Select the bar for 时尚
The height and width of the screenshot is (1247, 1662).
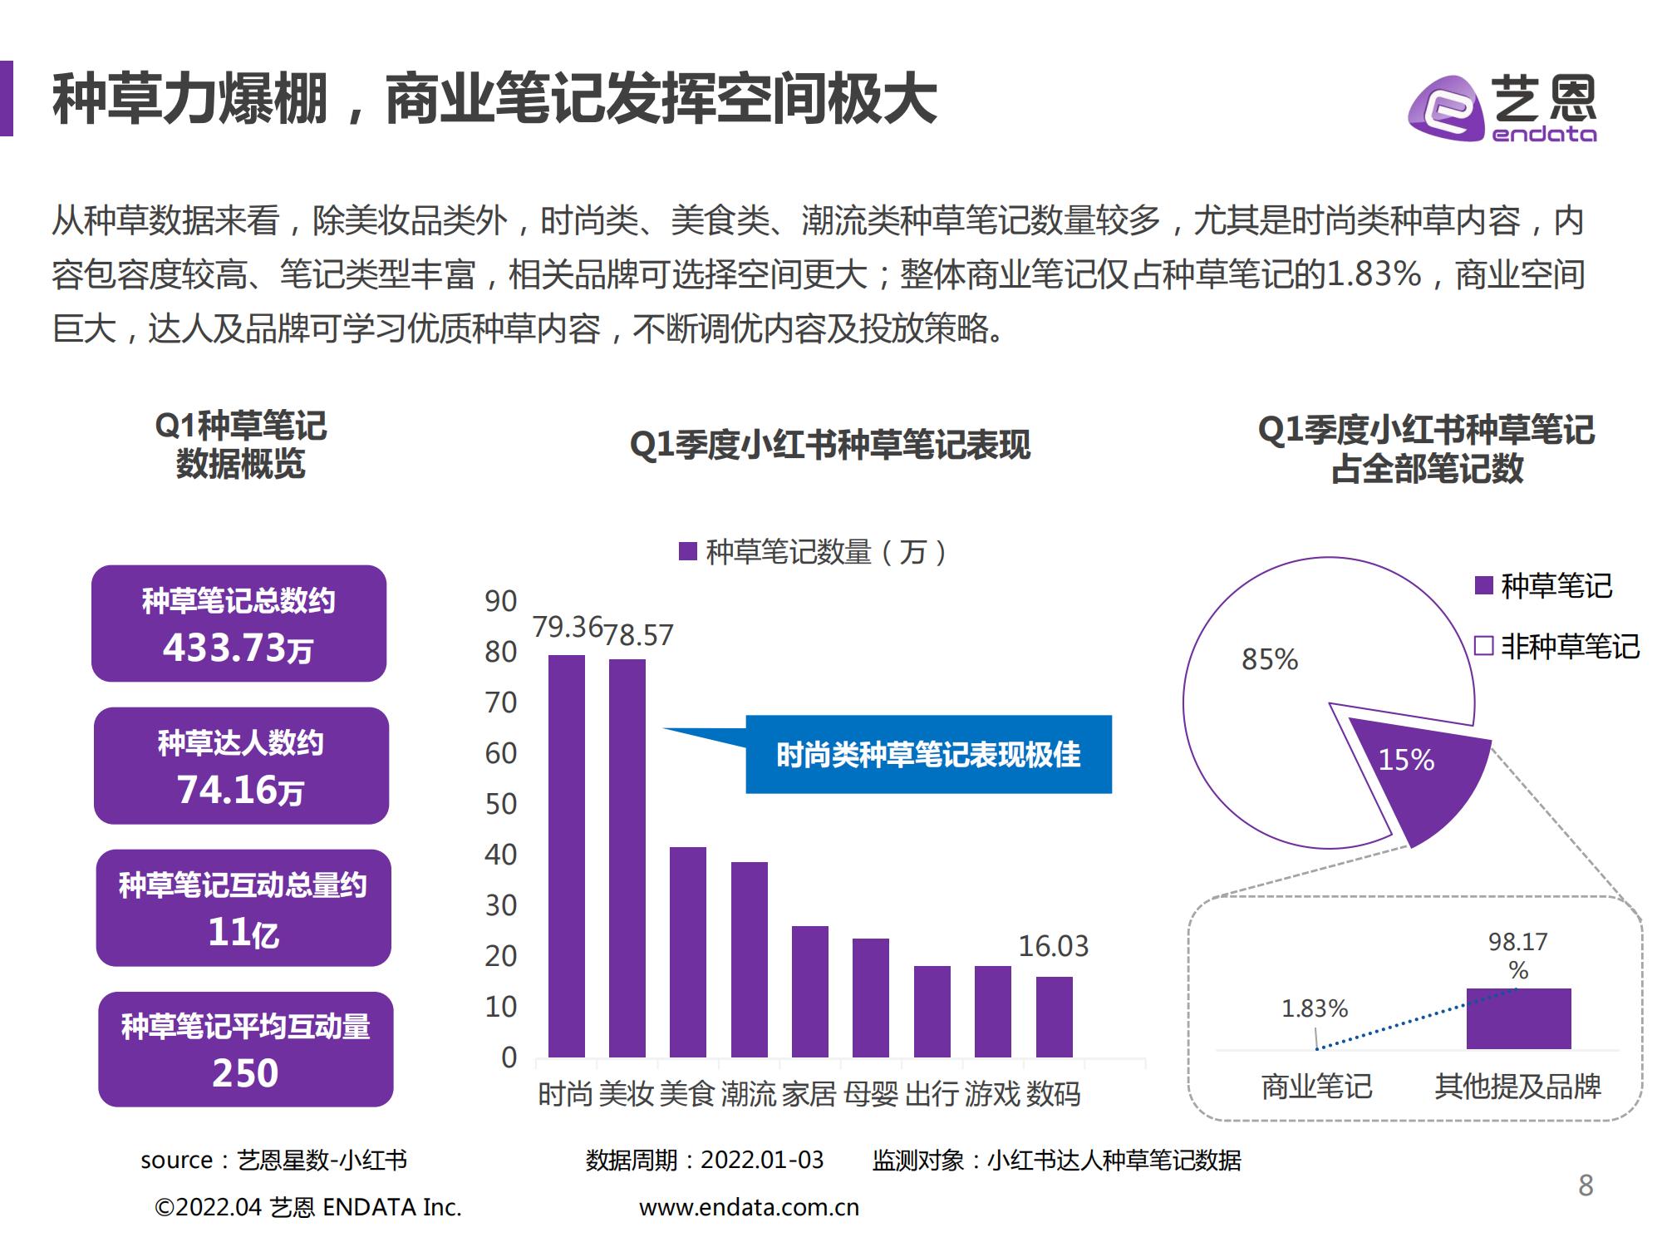click(x=566, y=856)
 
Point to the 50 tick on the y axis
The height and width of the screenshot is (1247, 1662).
click(x=501, y=804)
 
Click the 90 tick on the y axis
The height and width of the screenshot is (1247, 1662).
click(x=501, y=601)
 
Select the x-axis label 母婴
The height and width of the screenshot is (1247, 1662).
click(x=871, y=1094)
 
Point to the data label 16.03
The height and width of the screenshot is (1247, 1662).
click(x=1053, y=946)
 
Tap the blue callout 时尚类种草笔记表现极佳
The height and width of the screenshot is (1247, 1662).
click(x=927, y=755)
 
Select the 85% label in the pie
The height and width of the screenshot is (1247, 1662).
click(x=1269, y=659)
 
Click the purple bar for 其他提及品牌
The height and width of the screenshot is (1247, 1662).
click(x=1518, y=1018)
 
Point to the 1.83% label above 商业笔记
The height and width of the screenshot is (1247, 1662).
click(x=1314, y=1008)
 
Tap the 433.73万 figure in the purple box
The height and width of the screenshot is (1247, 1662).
click(x=238, y=648)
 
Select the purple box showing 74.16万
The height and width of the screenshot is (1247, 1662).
click(x=241, y=766)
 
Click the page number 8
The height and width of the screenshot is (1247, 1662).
click(x=1586, y=1185)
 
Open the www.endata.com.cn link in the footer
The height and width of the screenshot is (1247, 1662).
click(x=749, y=1207)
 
